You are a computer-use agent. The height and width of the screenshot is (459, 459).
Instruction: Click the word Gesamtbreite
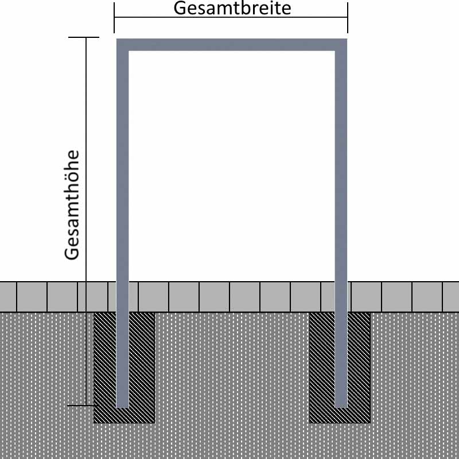tap(232, 8)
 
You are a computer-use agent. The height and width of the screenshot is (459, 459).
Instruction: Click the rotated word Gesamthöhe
tap(72, 205)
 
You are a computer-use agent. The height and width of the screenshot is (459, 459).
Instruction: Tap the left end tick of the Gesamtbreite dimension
tap(114, 18)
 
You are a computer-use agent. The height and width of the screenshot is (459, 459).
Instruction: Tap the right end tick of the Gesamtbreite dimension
tap(348, 18)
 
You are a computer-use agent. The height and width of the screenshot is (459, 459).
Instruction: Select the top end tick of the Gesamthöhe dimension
tap(84, 37)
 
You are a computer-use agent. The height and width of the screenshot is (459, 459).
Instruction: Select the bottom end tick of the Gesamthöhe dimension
tap(83, 406)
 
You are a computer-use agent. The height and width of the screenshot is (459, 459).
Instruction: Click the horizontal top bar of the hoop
tap(232, 45)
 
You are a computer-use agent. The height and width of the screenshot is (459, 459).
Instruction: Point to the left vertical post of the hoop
tap(123, 223)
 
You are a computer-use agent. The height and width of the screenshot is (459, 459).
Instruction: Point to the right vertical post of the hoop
tap(341, 223)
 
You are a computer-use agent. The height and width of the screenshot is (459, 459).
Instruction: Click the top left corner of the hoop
tap(117, 39)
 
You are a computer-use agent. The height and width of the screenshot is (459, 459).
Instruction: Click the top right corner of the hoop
tap(347, 39)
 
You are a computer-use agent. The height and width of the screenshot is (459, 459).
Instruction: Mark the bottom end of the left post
tap(123, 407)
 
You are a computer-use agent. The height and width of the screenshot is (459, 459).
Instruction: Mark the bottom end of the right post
tap(341, 407)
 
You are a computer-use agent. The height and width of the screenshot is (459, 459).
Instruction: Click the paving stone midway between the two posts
tap(245, 297)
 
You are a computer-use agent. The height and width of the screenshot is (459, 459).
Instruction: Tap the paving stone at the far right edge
tap(451, 297)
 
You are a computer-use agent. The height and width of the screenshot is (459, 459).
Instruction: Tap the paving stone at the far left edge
tap(8, 297)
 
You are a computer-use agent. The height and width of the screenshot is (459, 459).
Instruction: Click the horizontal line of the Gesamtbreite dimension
tap(231, 17)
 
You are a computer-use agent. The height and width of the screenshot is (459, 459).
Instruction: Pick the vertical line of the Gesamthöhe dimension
tap(86, 221)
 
